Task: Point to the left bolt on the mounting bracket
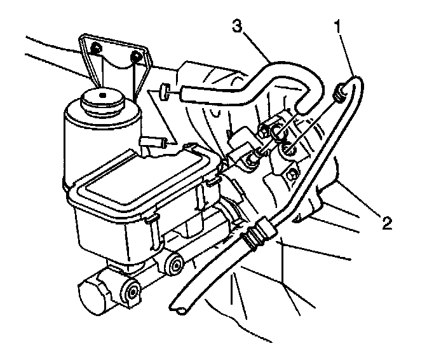pos(95,49)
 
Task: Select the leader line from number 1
pos(348,57)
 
